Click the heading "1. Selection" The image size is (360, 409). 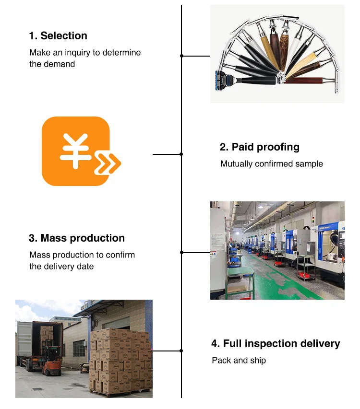tap(58, 36)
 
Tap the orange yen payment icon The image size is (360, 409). tap(76, 151)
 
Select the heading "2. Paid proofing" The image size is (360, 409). tap(259, 147)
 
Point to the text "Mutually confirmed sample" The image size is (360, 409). tap(272, 164)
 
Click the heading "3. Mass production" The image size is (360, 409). tap(77, 238)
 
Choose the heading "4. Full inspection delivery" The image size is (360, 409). tap(276, 344)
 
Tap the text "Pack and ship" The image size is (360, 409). tap(239, 360)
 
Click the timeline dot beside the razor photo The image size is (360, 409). tap(181, 56)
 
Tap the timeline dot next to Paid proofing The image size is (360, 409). tap(181, 154)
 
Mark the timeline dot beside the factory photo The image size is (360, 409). tap(181, 253)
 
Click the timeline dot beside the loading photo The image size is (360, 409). tap(181, 351)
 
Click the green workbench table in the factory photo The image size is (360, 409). tap(240, 276)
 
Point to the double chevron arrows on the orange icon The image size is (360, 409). tap(108, 164)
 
